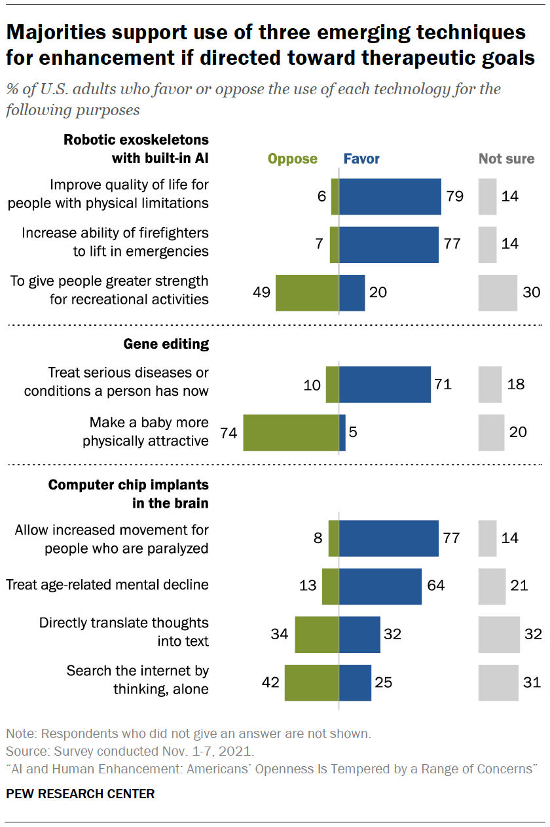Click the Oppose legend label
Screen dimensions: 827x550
coord(293,159)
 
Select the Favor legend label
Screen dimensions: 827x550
coord(361,159)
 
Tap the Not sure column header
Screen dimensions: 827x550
coord(506,159)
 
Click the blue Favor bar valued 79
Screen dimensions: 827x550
coord(390,196)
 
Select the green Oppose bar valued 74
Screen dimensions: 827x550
coord(291,432)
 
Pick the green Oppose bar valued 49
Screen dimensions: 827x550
coord(306,292)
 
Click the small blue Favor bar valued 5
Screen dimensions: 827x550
coord(342,432)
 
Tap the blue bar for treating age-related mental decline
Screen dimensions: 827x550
coord(380,586)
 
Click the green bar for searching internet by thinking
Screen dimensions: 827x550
coord(311,682)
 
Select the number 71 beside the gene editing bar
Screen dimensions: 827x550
coord(443,384)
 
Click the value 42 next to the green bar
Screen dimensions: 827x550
coord(270,682)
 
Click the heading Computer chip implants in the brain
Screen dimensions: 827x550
coord(128,494)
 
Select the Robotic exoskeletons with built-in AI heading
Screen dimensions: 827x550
coord(136,149)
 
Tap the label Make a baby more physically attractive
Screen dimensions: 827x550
coord(145,432)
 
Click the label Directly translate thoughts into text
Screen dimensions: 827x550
coord(124,631)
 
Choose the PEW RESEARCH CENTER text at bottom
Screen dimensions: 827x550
coord(81,794)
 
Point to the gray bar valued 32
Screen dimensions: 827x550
coord(499,634)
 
